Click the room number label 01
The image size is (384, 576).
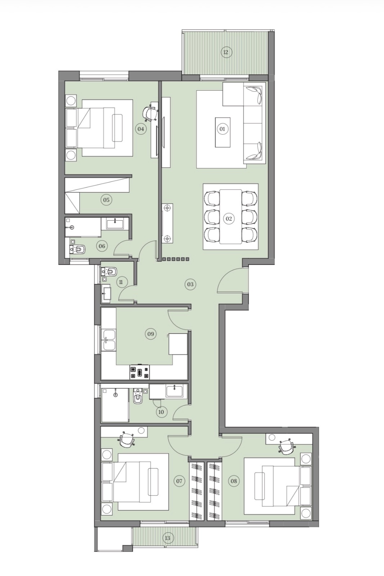tap(222, 129)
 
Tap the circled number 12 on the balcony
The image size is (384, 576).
tap(226, 53)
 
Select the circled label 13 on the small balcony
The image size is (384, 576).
tap(168, 538)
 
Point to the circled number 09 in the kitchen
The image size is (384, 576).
tap(151, 334)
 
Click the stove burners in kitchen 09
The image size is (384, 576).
tap(140, 372)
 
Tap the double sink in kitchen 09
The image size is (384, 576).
tap(109, 340)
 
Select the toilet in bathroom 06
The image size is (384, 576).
tap(77, 249)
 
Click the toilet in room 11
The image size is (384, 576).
tap(109, 271)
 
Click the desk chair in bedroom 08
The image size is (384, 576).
tap(286, 447)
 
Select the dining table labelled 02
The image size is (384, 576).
tap(231, 216)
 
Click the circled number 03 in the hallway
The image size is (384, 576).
tap(190, 284)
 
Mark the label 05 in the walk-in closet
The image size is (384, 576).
tap(106, 200)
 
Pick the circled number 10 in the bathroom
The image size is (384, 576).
tap(161, 412)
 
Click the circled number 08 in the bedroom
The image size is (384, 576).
tap(234, 481)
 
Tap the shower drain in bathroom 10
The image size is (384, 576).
tap(116, 395)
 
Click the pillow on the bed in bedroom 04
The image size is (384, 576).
tap(117, 128)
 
